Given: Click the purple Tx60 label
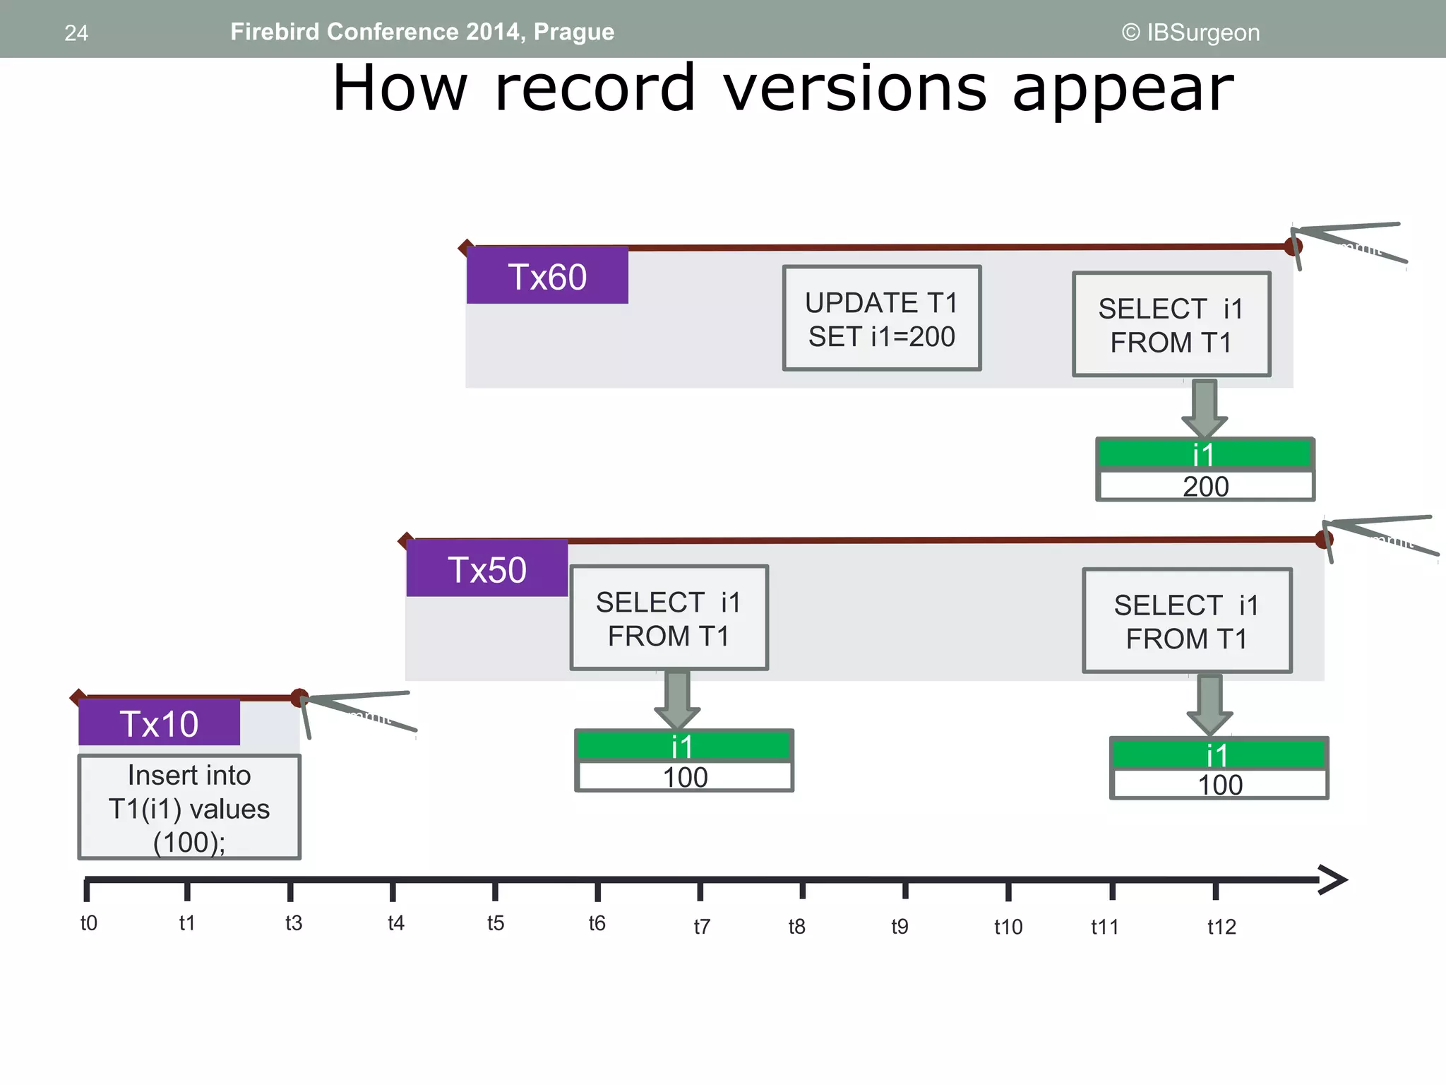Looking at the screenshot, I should [x=547, y=276].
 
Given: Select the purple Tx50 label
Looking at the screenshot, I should [x=487, y=569].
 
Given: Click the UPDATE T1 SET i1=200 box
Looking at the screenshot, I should [x=882, y=319].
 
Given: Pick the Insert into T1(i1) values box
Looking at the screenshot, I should [x=189, y=807].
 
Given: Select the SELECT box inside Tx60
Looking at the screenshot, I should [x=1171, y=325].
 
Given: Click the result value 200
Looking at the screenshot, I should [x=1205, y=487].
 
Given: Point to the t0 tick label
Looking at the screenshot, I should [x=89, y=923].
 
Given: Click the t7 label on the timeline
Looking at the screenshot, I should [x=702, y=926].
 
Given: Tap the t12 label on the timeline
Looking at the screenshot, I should [x=1221, y=927].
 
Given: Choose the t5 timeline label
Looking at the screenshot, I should [x=496, y=923].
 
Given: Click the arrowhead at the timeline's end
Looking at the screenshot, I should [x=1333, y=880].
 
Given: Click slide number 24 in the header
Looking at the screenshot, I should [x=76, y=33].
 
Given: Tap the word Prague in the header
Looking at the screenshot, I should [x=574, y=32].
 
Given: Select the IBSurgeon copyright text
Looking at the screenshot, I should [x=1190, y=32].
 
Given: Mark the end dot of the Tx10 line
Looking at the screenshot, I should [x=299, y=698].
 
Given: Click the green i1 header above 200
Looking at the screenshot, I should [x=1205, y=454].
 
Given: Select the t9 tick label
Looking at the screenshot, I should [x=900, y=926].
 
